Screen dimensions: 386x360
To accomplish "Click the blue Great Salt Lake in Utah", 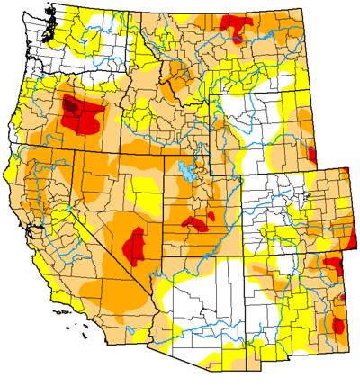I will tap(185, 171).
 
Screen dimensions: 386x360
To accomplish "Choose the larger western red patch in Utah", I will tap(193, 221).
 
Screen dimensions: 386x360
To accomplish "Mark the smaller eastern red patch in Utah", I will tap(211, 216).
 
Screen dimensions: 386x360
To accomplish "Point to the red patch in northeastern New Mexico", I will tap(331, 264).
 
